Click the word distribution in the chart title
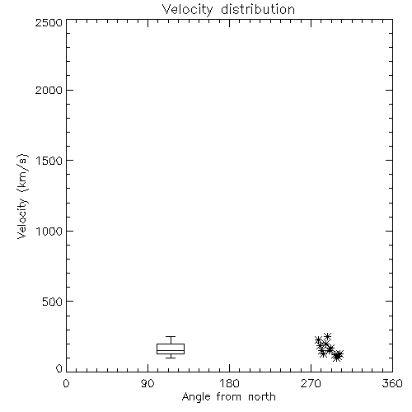click(258, 9)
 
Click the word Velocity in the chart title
click(187, 10)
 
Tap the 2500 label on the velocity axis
click(49, 22)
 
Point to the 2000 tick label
click(49, 90)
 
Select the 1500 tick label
click(49, 161)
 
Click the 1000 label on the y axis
click(49, 231)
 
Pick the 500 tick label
click(53, 302)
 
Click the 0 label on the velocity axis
click(59, 368)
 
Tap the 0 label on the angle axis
click(66, 383)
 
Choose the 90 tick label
click(147, 383)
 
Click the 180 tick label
click(229, 383)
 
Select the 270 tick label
click(311, 383)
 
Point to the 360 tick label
click(392, 383)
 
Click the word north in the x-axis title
click(262, 396)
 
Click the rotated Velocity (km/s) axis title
click(22, 196)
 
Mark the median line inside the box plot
click(171, 350)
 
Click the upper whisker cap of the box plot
click(171, 336)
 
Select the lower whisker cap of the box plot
click(171, 358)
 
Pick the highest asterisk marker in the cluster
click(327, 336)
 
